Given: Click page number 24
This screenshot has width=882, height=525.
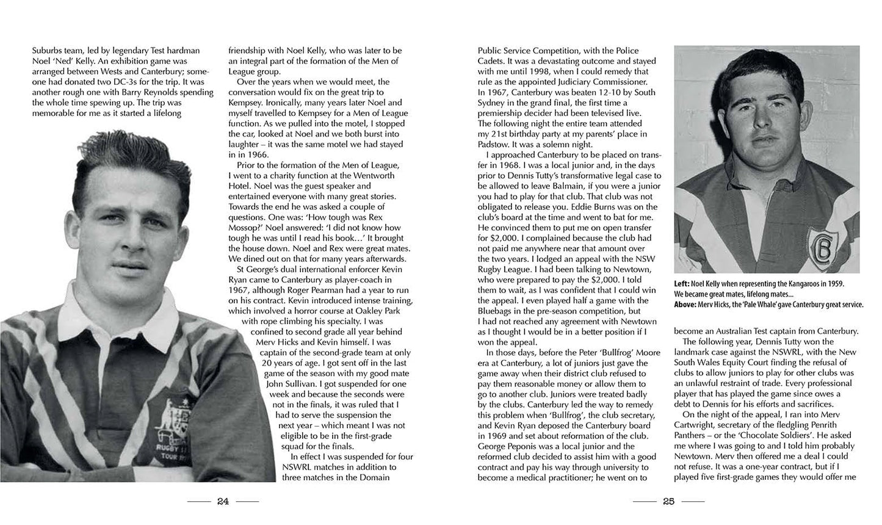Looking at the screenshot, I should pos(223,501).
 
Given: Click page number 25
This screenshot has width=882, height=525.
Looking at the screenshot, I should pos(668,501).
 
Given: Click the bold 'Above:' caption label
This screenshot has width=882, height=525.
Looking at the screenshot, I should pos(687,305).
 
